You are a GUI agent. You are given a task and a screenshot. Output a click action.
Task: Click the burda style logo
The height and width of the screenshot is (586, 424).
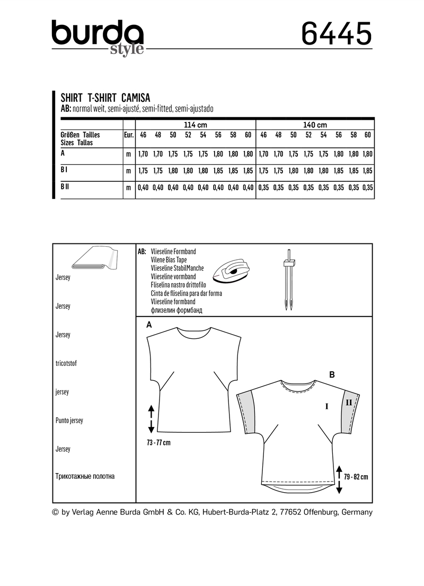(98, 37)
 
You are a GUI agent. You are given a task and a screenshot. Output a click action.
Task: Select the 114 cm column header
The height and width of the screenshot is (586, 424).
(195, 125)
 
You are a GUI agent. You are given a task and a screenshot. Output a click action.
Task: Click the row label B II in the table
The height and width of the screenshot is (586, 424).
(66, 187)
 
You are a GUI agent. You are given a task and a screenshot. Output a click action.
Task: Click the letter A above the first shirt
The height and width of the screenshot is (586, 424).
(149, 325)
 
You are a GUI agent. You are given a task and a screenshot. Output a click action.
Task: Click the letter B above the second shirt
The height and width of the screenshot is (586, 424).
(332, 374)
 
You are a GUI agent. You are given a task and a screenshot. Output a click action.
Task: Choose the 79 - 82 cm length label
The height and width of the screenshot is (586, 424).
(356, 477)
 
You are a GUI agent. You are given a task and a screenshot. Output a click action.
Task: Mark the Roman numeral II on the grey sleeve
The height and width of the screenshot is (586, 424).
(349, 403)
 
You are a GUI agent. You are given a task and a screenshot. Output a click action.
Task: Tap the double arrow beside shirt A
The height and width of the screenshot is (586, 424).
(151, 418)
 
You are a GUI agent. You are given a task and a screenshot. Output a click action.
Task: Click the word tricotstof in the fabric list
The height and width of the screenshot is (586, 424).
(66, 363)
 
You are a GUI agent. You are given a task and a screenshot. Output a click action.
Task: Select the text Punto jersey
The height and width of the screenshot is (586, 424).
(69, 420)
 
